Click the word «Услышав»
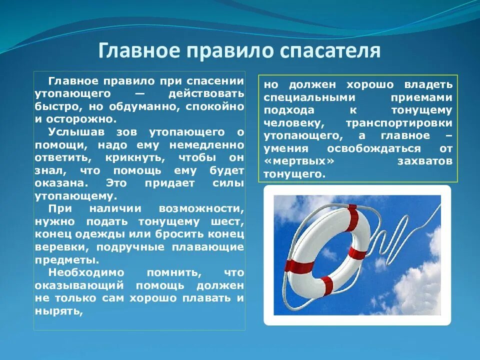pos(71,132)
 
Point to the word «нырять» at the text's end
pos(57,311)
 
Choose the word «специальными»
pos(306,97)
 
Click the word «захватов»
pos(424,161)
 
